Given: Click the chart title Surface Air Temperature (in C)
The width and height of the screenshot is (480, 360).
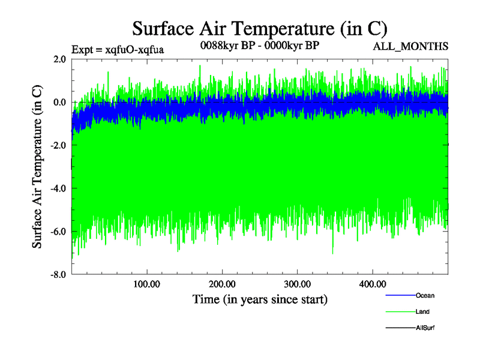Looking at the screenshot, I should click(260, 28).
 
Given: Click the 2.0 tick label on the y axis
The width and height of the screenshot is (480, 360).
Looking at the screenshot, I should click(59, 59).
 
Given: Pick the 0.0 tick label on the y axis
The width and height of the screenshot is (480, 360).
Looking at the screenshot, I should click(59, 102).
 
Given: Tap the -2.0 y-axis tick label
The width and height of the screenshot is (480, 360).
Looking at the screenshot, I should click(58, 145).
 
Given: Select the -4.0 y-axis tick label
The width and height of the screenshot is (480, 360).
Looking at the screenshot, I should click(58, 188).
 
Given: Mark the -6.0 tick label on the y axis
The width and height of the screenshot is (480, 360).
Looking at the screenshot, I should click(58, 232).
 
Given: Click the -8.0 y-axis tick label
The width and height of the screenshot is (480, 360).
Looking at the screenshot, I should click(58, 275).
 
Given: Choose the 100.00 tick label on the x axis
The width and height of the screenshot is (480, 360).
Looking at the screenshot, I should click(146, 284).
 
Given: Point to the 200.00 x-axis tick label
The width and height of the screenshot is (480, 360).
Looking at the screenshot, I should click(222, 284).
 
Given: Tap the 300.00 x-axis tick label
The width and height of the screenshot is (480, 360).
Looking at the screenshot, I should click(297, 284).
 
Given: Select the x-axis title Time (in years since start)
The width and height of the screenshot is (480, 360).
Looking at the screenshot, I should click(260, 299).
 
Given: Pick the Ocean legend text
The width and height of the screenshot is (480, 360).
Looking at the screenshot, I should click(425, 296).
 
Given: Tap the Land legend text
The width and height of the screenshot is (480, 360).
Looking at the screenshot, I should click(422, 312).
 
